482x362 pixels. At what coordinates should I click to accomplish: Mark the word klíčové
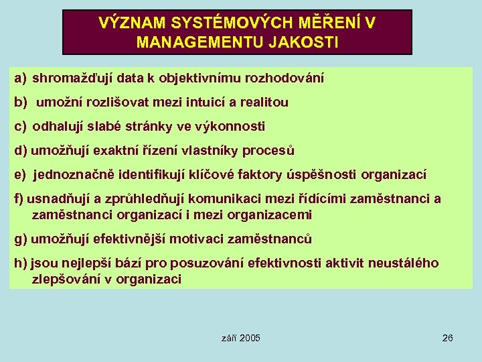click(232, 174)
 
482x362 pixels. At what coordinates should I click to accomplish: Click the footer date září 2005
click(240, 338)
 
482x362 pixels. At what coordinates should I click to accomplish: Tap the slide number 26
click(448, 338)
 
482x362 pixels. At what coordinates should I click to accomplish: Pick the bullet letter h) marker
click(20, 263)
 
